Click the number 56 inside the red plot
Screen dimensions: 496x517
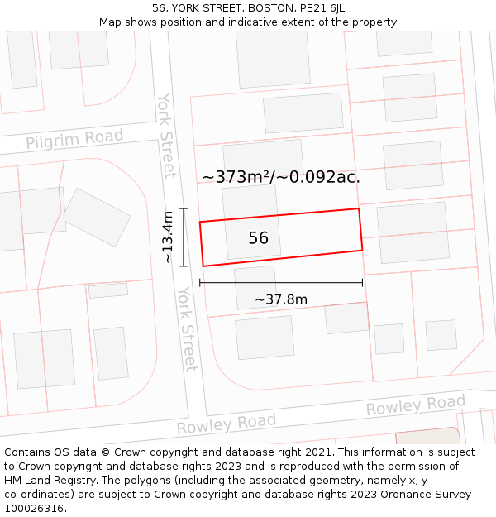258,238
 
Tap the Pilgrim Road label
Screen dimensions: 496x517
74,140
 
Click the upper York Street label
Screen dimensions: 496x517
166,135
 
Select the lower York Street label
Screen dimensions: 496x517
188,328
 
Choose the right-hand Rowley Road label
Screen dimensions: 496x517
415,406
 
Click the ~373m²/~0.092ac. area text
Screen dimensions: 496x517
281,176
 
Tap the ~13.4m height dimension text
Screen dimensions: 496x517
168,237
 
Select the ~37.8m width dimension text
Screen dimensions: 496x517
281,299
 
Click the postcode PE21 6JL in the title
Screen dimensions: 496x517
322,8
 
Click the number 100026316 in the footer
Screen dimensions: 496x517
35,509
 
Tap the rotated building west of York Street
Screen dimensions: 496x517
97,217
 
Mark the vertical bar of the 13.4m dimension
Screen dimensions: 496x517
184,237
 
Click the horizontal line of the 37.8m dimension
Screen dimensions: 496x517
281,283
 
